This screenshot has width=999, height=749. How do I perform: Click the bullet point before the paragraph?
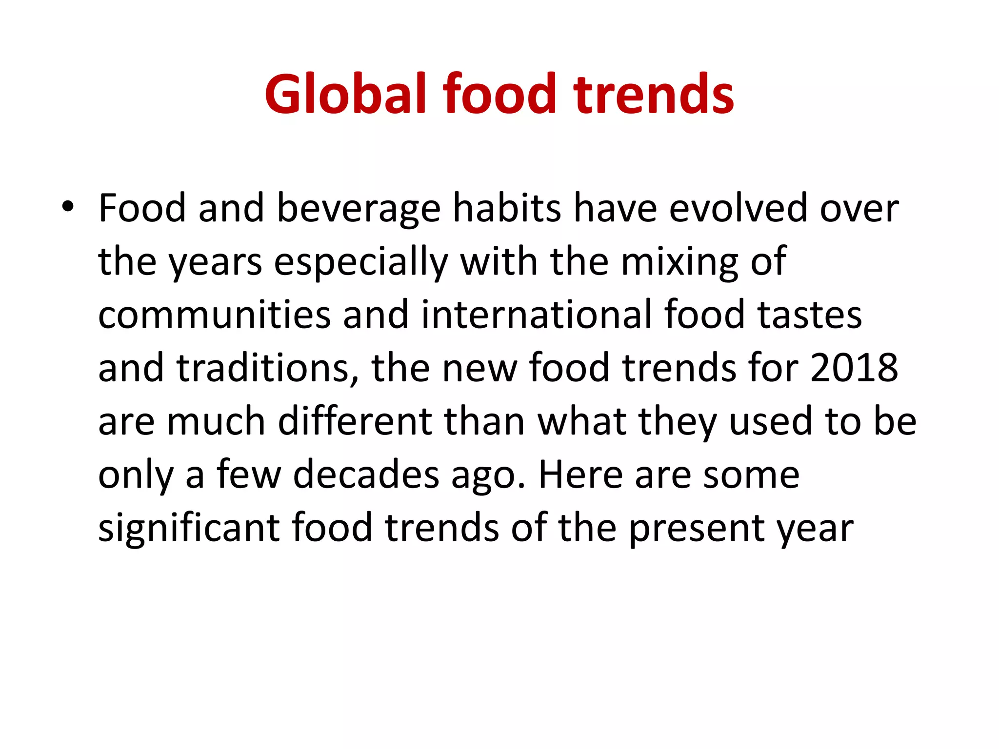tap(68, 207)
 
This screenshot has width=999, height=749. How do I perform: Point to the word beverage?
tap(359, 209)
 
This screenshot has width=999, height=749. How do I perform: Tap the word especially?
tap(361, 262)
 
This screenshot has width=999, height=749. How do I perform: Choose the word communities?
tap(215, 315)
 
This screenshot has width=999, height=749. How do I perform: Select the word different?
tap(355, 421)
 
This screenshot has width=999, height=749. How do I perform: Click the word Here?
tap(580, 475)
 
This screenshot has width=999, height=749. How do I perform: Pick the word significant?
tap(189, 528)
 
